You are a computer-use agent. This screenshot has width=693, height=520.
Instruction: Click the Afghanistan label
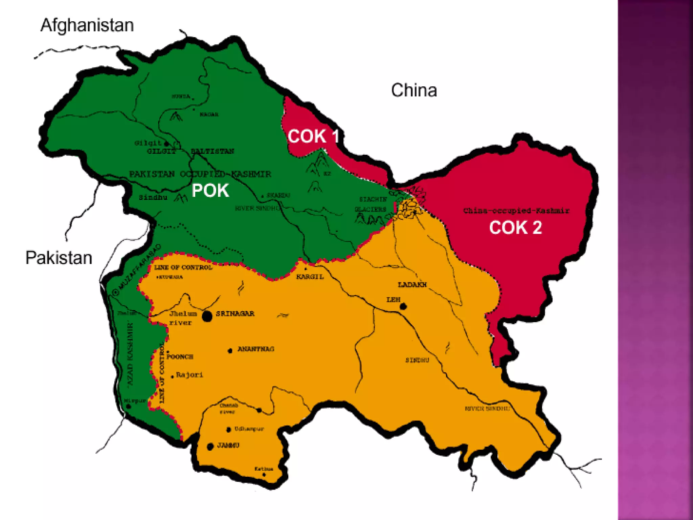87,25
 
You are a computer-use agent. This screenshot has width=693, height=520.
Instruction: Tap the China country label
414,90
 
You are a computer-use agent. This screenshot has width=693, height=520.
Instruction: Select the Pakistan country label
59,258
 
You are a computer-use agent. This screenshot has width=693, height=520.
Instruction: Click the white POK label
210,191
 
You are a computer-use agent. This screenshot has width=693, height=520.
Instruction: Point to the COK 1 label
313,136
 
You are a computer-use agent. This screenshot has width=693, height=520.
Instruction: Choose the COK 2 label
515,227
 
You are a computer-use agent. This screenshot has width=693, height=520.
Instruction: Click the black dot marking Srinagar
207,316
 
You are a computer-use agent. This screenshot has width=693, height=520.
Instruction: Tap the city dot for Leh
403,307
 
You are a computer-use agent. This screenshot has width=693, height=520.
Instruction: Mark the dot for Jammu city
210,447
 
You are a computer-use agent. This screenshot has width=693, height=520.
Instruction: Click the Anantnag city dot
230,351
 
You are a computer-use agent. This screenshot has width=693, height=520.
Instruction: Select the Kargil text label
310,277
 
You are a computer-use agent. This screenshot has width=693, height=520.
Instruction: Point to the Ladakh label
412,284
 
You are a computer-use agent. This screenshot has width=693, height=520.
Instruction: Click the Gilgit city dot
166,144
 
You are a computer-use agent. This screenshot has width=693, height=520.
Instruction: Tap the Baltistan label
212,151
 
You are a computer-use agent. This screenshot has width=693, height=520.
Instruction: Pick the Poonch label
180,357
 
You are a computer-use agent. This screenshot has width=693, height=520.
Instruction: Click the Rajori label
189,375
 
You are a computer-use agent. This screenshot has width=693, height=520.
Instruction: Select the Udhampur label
249,429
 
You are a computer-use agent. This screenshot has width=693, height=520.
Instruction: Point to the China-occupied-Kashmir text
516,211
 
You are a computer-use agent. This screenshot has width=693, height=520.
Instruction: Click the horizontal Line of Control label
183,267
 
